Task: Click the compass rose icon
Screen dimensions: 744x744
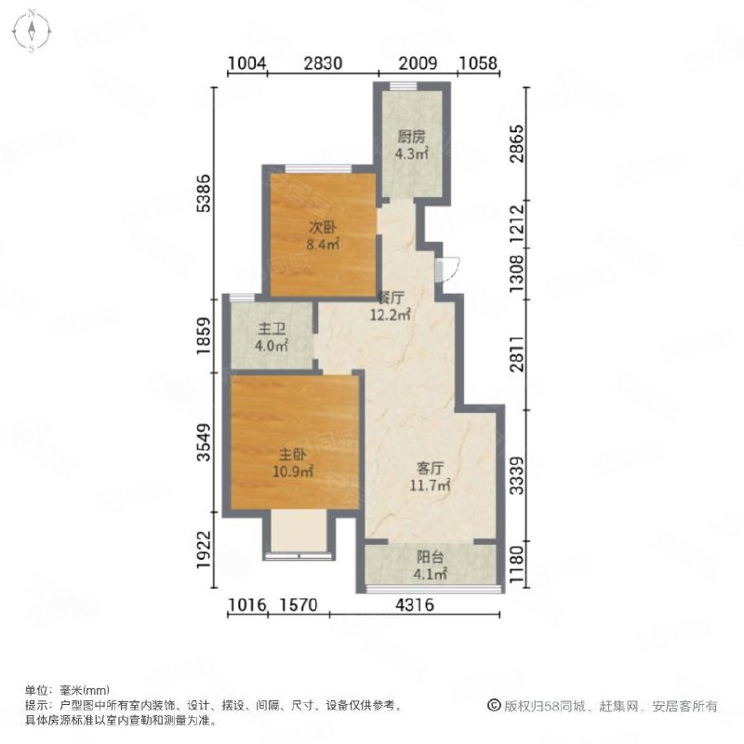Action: (x=32, y=31)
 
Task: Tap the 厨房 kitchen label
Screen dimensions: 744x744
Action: (x=411, y=137)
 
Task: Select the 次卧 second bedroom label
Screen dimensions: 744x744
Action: (x=323, y=227)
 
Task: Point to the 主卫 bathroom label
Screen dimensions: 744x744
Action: (x=272, y=328)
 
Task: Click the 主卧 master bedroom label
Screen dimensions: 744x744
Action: (x=292, y=455)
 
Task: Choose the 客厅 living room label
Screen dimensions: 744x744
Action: (x=430, y=469)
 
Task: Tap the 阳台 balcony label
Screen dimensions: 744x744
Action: (x=430, y=556)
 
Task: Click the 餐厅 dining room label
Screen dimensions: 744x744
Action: (x=390, y=298)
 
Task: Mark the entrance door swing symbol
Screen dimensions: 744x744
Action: (x=447, y=270)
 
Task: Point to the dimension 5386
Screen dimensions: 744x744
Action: (x=203, y=193)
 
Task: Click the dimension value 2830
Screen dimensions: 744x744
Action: (x=323, y=63)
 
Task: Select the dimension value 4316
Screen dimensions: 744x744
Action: (x=415, y=605)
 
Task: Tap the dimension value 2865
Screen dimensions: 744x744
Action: (x=517, y=144)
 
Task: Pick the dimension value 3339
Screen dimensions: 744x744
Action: (x=517, y=475)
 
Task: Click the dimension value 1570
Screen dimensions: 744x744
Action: (x=298, y=605)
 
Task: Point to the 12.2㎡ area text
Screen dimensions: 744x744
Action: (x=390, y=314)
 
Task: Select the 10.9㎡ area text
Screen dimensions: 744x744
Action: (x=292, y=472)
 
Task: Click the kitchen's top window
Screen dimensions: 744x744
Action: (x=404, y=86)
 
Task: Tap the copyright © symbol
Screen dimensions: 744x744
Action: (x=494, y=706)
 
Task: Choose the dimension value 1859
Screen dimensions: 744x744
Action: (x=203, y=336)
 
